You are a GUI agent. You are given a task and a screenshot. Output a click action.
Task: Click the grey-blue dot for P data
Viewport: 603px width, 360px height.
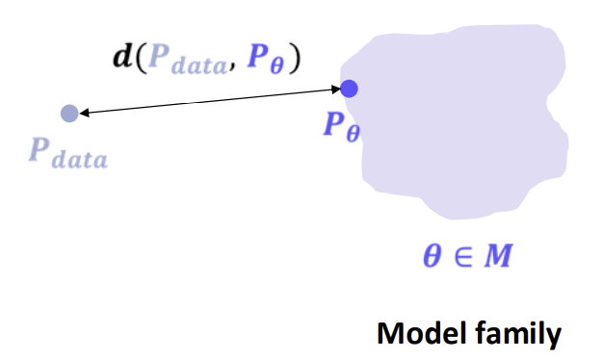tap(69, 114)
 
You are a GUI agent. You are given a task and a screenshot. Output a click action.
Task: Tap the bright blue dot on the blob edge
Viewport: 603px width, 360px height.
tap(350, 89)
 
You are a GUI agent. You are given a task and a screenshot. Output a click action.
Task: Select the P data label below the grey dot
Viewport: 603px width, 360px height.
tap(68, 153)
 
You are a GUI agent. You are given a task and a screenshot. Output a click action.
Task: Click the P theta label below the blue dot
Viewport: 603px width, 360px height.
tap(342, 127)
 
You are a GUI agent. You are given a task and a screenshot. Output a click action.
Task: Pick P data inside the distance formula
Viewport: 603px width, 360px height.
tap(188, 59)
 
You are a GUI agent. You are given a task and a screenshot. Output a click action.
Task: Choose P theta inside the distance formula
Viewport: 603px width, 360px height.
tap(265, 59)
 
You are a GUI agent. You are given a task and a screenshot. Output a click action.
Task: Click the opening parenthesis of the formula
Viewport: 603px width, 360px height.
tap(142, 59)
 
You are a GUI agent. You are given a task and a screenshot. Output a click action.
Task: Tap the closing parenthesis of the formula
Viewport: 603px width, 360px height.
tap(295, 59)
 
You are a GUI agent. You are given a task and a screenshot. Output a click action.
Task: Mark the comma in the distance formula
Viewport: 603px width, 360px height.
tap(232, 67)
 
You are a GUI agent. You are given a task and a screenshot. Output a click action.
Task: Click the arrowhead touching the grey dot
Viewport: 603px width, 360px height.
tap(84, 113)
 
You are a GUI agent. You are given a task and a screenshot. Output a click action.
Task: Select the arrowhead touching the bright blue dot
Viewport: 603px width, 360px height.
tap(335, 90)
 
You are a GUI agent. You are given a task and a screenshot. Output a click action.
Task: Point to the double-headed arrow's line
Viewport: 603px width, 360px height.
tap(210, 101)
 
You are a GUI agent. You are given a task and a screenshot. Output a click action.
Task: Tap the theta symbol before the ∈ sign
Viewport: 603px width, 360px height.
tap(432, 256)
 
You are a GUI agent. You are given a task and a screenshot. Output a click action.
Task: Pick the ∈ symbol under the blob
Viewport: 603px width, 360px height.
tap(463, 256)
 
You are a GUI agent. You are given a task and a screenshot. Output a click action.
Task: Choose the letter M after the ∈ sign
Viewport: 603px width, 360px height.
tap(498, 255)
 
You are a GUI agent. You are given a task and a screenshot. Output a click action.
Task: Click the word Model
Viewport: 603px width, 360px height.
tap(423, 333)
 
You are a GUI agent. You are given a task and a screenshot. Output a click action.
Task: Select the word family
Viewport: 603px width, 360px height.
tap(518, 335)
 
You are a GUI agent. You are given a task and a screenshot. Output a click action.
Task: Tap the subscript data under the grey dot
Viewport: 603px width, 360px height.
tap(80, 158)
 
